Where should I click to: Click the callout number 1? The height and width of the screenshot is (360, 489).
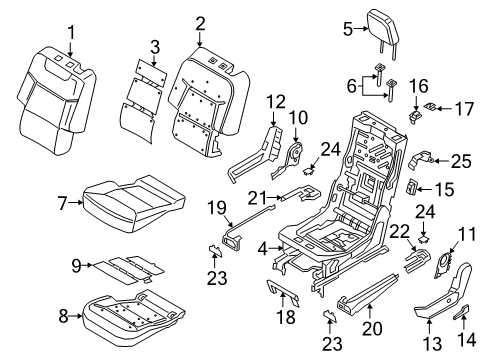pyautogui.click(x=71, y=37)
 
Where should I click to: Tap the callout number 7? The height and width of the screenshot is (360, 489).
pyautogui.click(x=63, y=204)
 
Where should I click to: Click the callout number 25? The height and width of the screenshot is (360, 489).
pyautogui.click(x=458, y=159)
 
